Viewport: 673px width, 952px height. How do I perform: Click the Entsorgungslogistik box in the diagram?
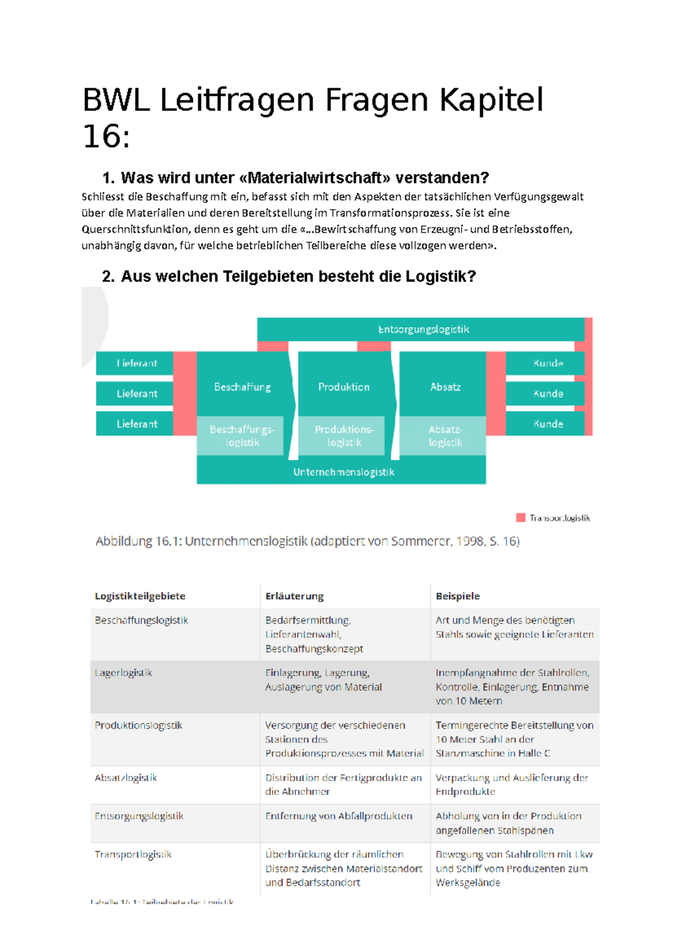pos(423,329)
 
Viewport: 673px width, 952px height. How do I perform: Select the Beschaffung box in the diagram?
pos(242,387)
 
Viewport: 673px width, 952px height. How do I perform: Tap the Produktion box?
pos(344,387)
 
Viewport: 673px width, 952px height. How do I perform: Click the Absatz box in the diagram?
pos(445,387)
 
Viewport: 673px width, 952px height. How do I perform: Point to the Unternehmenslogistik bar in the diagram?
pos(343,472)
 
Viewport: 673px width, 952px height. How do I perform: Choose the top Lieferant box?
pos(136,363)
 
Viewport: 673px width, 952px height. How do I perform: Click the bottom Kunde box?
pos(547,424)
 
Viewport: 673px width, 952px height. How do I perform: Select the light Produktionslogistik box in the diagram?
pos(343,436)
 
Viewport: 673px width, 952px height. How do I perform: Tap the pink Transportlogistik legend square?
pos(520,517)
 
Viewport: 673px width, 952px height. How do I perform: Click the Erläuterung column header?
pos(294,596)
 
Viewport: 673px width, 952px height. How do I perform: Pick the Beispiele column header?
pos(458,596)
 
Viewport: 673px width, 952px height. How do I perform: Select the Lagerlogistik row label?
pos(123,673)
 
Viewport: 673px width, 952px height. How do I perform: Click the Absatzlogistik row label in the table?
pos(126,778)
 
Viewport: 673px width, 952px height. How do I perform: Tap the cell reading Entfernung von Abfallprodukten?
pos(339,816)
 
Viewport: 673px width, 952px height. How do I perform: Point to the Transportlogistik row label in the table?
pos(133,854)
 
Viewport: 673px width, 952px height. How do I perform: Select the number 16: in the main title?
pos(107,136)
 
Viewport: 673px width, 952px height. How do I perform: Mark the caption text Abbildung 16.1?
pos(138,541)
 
